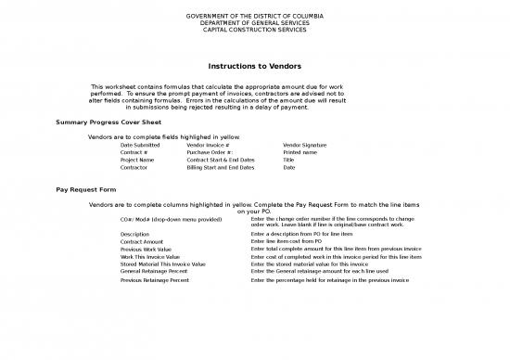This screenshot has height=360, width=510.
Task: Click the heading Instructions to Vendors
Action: click(x=255, y=65)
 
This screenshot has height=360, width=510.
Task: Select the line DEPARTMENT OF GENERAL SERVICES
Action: click(x=254, y=22)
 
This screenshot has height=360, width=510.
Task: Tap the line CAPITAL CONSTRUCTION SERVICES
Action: click(x=254, y=30)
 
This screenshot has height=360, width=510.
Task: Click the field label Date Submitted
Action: click(x=140, y=145)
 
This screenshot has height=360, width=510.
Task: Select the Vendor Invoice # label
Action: click(x=208, y=145)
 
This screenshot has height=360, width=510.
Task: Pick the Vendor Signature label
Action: click(x=305, y=145)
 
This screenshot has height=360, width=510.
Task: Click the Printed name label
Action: click(x=300, y=152)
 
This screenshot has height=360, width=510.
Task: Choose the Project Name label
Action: click(x=137, y=160)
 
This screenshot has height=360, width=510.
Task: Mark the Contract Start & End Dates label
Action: click(x=221, y=160)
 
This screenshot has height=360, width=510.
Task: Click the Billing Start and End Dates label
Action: click(x=221, y=168)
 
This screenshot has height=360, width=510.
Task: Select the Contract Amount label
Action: click(x=142, y=241)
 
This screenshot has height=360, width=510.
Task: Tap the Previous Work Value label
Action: click(x=146, y=249)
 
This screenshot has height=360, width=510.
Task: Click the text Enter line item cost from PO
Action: click(x=287, y=241)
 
